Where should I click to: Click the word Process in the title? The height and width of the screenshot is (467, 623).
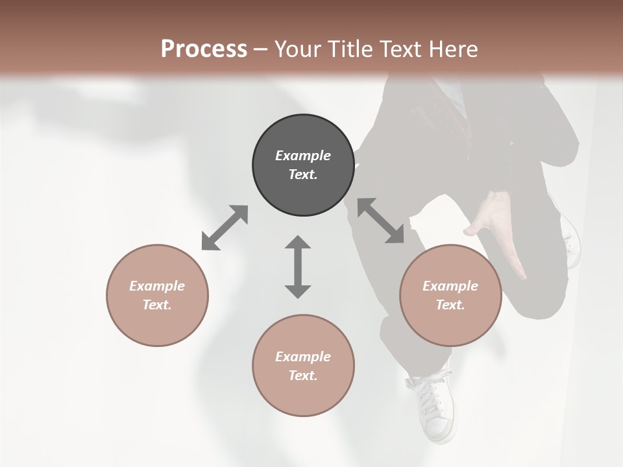204,49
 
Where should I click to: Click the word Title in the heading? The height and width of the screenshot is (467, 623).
350,49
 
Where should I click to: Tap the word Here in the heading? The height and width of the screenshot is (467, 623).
452,49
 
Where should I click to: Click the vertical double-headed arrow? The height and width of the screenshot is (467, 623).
298,267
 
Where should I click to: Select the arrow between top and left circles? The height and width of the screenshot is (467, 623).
225,228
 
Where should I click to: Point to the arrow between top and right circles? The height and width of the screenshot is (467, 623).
380,221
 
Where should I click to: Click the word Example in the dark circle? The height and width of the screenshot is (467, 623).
303,156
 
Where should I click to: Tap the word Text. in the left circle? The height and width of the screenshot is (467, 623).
157,305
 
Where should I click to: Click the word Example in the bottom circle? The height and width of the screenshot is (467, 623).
303,357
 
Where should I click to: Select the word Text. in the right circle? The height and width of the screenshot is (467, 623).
450,305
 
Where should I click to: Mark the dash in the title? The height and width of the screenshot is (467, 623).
260,49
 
